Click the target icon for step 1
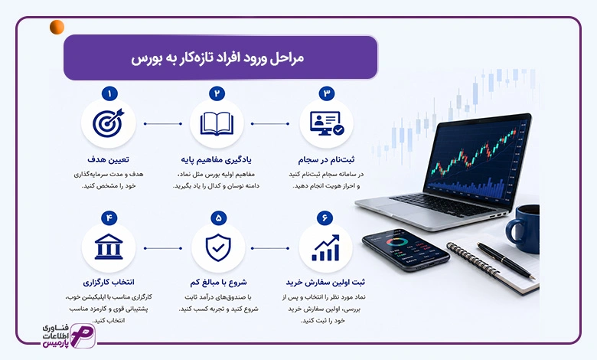click(x=109, y=123)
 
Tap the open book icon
click(x=217, y=124)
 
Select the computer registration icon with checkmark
click(x=327, y=123)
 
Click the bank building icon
click(x=109, y=247)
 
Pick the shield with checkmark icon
click(x=218, y=247)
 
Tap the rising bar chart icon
click(x=325, y=247)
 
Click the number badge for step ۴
click(x=109, y=218)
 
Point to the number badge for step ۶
click(x=325, y=218)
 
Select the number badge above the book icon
click(x=217, y=93)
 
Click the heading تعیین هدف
click(x=108, y=159)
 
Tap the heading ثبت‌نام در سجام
click(x=326, y=159)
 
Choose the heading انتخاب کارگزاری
click(x=109, y=283)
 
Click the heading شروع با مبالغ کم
click(x=218, y=283)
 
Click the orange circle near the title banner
click(x=57, y=27)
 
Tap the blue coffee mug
click(x=523, y=228)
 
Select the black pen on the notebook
click(x=506, y=260)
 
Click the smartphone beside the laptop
click(x=406, y=250)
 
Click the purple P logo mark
click(x=83, y=336)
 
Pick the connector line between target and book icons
click(x=163, y=124)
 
